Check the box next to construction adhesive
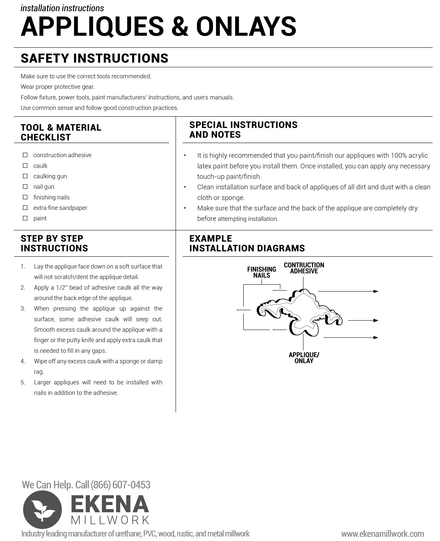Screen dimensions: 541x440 click(x=25, y=155)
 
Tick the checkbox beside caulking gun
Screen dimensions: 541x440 click(x=25, y=176)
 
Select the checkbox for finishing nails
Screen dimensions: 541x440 click(x=25, y=197)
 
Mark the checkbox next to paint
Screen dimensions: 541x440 click(x=25, y=218)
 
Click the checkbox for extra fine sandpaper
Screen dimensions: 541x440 click(x=25, y=208)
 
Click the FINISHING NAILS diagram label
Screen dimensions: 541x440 click(x=262, y=272)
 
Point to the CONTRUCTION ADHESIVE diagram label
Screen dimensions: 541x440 click(x=304, y=268)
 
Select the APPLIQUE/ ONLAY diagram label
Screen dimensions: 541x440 click(x=304, y=358)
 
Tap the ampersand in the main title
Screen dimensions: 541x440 click(x=180, y=27)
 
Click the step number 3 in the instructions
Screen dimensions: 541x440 click(x=23, y=308)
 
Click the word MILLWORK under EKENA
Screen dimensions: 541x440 click(x=110, y=520)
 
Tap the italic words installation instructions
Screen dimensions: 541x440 click(x=62, y=8)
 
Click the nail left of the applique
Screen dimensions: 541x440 click(x=244, y=310)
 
